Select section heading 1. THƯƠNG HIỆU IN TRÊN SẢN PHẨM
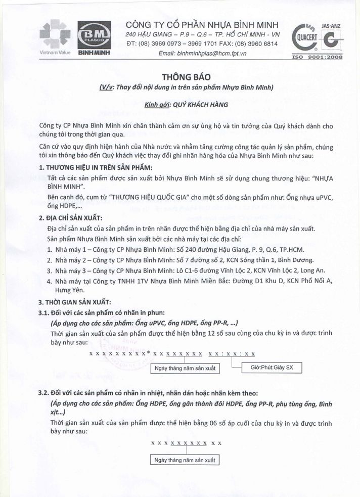96,167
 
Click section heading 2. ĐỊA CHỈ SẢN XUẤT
71,218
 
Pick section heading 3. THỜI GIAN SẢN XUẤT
75,302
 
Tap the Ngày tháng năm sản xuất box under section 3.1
186,368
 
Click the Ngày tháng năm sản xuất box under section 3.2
186,460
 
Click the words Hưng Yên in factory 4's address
62,290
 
